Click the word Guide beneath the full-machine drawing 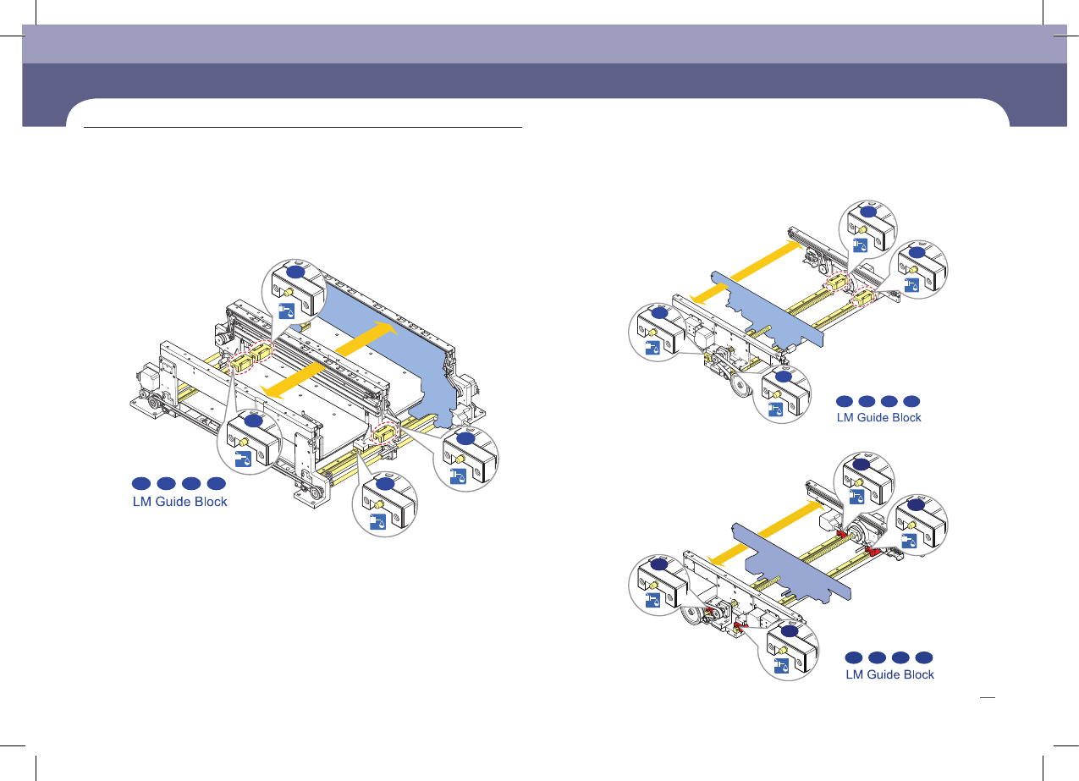click(x=183, y=501)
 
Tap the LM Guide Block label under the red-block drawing click(x=890, y=674)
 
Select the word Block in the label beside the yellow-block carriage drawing click(x=902, y=417)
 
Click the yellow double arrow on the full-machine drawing click(x=327, y=357)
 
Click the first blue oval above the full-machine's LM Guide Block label click(x=140, y=483)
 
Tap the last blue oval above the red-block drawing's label click(x=923, y=657)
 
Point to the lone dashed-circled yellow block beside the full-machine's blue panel click(x=386, y=434)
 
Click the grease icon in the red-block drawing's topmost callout click(x=859, y=495)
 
